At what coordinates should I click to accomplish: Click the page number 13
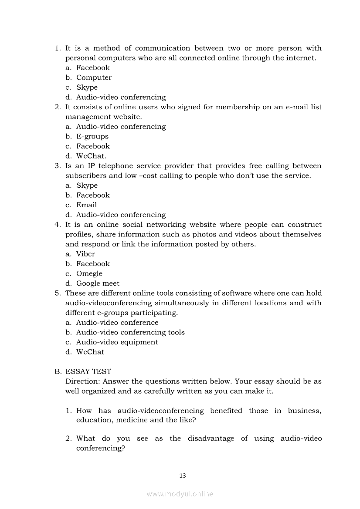click(183, 475)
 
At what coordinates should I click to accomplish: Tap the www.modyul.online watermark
click(180, 494)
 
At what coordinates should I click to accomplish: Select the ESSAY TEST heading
click(88, 371)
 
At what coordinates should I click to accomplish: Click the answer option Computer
click(94, 78)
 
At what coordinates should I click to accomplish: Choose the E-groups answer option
click(92, 136)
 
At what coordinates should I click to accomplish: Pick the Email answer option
click(86, 205)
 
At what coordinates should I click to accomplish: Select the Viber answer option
click(85, 254)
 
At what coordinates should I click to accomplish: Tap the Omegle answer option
click(89, 273)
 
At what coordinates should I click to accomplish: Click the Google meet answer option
click(98, 283)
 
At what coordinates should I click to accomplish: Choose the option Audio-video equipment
click(117, 342)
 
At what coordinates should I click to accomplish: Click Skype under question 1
click(87, 87)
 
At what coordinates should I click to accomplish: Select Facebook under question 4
click(93, 263)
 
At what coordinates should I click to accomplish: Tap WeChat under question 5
click(90, 352)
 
